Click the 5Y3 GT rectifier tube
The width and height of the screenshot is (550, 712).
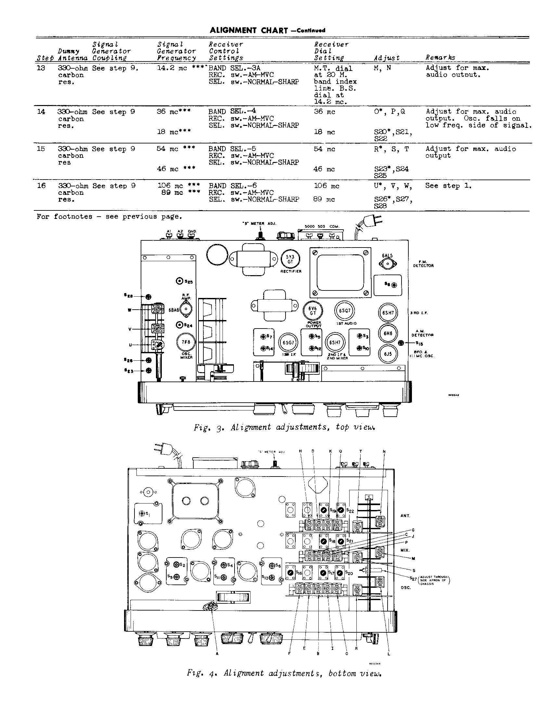[290, 259]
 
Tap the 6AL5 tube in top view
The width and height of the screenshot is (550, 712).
[388, 263]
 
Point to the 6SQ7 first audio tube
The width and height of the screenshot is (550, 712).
[345, 311]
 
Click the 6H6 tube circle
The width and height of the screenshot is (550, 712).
[388, 333]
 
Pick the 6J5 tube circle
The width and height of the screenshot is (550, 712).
[388, 354]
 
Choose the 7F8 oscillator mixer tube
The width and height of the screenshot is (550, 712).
[185, 342]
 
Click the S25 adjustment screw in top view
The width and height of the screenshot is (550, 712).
[180, 281]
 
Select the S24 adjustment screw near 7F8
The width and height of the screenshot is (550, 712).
[179, 325]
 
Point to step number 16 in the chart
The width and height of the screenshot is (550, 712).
[41, 186]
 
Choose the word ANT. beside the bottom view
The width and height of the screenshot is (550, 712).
[405, 516]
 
